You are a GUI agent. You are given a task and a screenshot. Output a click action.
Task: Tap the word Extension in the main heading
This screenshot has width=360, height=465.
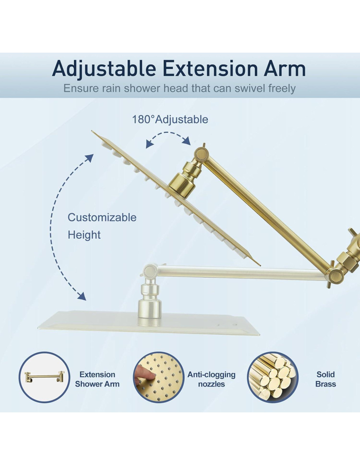[210, 68]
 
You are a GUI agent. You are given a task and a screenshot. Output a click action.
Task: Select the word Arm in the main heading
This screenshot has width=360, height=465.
[285, 68]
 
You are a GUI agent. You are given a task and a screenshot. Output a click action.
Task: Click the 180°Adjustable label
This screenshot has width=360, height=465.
[170, 119]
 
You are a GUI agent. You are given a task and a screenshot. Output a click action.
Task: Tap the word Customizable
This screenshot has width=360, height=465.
[102, 217]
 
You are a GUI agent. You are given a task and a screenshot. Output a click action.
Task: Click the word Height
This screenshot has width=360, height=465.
[84, 235]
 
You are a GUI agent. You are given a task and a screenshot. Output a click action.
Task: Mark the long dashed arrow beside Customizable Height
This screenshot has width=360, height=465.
[51, 227]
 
